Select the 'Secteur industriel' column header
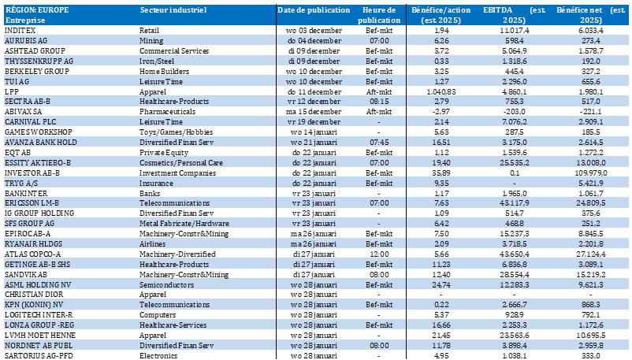click(x=173, y=10)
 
